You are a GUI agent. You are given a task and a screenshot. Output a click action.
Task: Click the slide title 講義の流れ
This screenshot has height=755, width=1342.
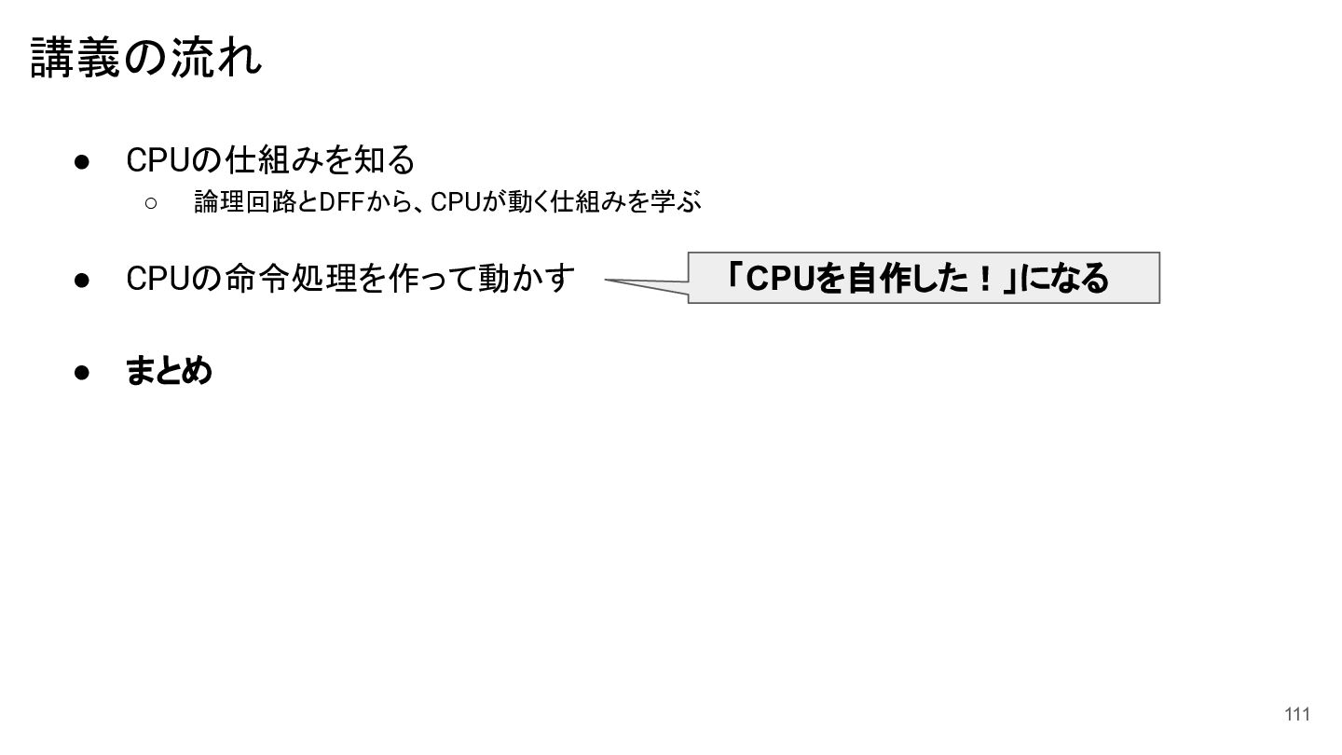(145, 58)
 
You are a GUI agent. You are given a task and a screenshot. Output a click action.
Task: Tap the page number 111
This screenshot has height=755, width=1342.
(1297, 714)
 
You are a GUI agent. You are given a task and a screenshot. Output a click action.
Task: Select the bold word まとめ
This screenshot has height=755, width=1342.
(169, 370)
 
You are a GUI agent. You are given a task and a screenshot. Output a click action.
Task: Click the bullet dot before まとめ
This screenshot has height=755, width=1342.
(81, 373)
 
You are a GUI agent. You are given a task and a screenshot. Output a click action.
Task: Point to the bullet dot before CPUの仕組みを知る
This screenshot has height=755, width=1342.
(81, 162)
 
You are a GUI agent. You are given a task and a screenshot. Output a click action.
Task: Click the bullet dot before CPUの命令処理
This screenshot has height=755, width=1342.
(81, 280)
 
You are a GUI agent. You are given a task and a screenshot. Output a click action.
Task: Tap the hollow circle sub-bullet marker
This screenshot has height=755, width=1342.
(151, 204)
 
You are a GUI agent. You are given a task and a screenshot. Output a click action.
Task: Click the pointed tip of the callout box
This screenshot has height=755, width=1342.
(605, 280)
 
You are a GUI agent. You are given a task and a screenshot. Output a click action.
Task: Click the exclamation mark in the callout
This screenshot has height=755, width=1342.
(984, 279)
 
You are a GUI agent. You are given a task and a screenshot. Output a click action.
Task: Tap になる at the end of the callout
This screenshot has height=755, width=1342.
(1064, 279)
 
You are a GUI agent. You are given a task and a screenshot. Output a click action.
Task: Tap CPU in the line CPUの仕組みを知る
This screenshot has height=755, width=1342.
(158, 160)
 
